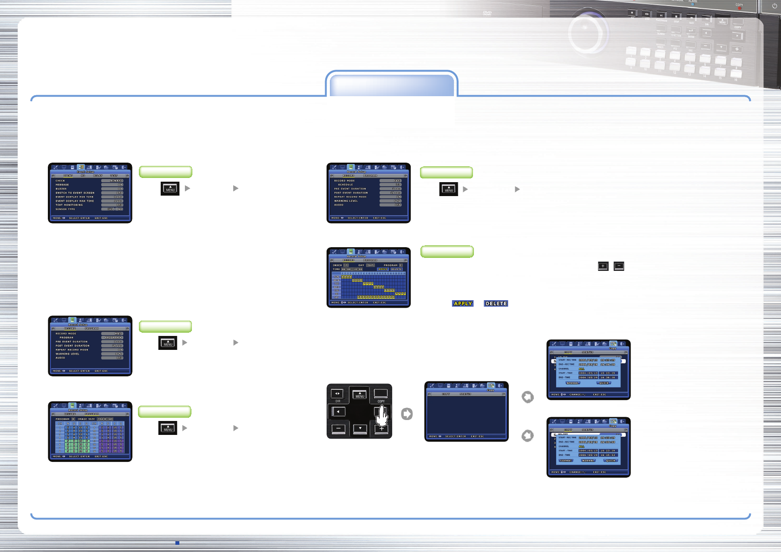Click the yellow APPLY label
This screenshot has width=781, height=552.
tap(463, 303)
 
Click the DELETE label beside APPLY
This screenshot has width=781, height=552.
tap(496, 303)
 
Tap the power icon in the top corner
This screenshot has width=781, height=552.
tap(774, 6)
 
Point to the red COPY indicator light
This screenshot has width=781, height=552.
tap(739, 8)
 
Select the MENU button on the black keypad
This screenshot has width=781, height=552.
tap(360, 394)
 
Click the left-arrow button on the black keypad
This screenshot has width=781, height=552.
tap(338, 412)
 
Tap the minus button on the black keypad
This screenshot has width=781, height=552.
tap(338, 428)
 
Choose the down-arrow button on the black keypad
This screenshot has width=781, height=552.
tap(360, 428)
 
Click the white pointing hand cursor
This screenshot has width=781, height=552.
tap(382, 415)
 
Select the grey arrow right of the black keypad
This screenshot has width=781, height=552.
tap(407, 414)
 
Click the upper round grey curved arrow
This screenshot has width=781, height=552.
tap(527, 397)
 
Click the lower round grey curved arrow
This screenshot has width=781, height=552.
tap(527, 436)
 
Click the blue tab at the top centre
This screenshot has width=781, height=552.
tap(391, 85)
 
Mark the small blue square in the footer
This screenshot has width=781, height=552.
tap(177, 543)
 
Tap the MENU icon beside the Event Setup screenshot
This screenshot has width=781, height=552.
tap(170, 188)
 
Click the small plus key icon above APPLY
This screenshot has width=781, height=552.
tap(603, 266)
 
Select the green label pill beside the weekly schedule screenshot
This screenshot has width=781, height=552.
tap(447, 251)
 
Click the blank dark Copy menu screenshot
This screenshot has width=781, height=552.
tap(466, 411)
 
